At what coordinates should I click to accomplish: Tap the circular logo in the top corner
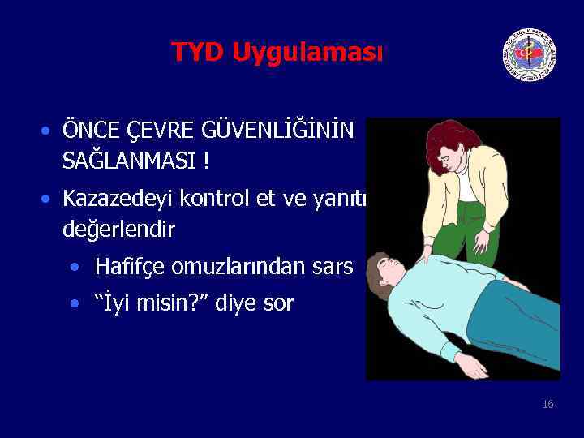point(529,55)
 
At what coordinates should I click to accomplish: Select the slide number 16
point(548,404)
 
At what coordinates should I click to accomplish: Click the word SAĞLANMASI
point(130,161)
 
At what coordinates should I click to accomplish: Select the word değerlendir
point(118,230)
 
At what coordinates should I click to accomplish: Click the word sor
point(280,305)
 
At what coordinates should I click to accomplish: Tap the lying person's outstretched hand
point(471,366)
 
